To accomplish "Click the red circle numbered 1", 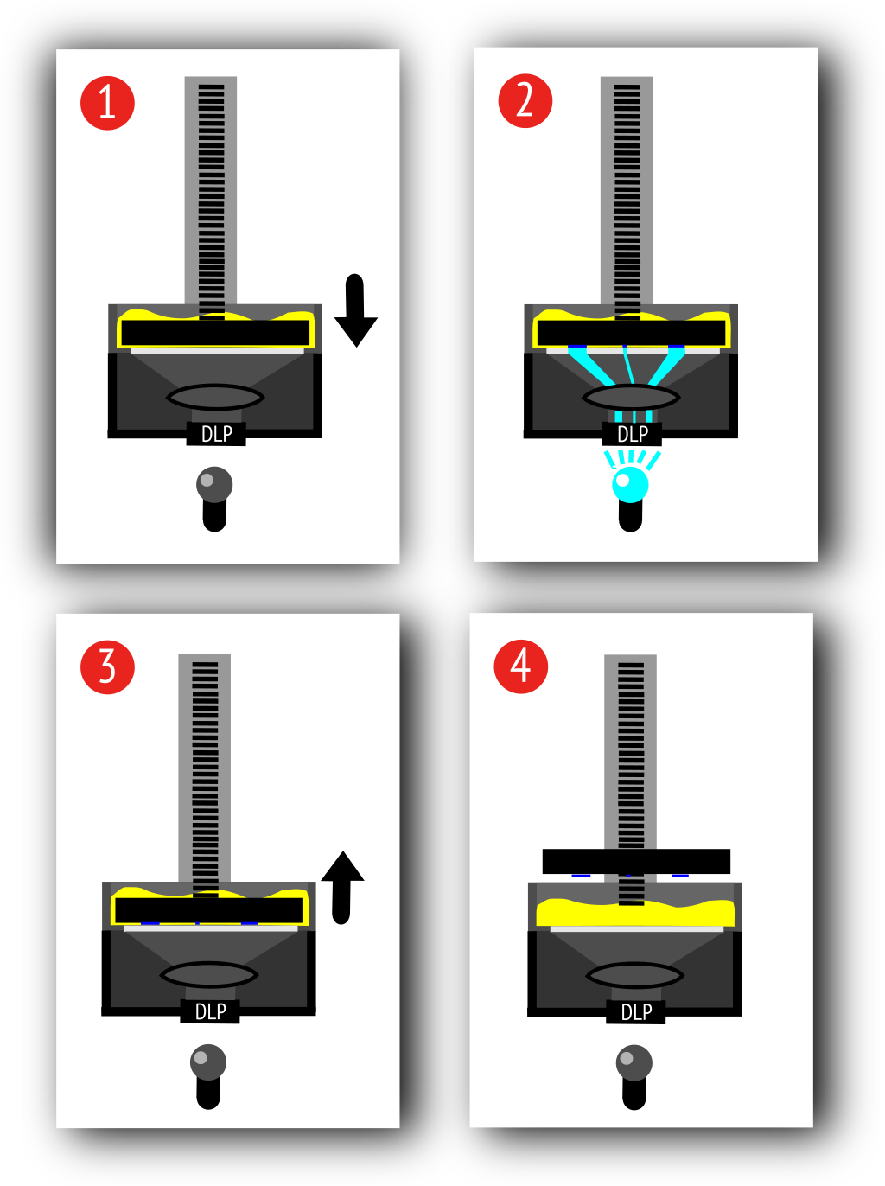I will (x=107, y=103).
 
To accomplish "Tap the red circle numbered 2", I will (x=525, y=101).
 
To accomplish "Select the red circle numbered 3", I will (x=107, y=667).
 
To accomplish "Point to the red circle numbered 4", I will (x=520, y=666).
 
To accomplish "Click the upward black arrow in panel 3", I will (x=342, y=885).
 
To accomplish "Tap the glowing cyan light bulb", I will (x=630, y=484).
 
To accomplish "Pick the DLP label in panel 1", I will (x=216, y=434).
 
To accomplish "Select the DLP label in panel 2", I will (x=633, y=434).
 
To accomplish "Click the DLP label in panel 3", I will (x=210, y=1011).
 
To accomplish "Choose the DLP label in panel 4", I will (x=636, y=1012).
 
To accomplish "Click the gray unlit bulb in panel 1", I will (x=214, y=484).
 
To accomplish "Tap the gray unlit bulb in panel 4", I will (x=634, y=1062).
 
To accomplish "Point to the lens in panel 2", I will (x=631, y=398).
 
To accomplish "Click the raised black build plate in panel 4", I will (x=636, y=861).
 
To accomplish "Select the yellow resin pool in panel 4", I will (x=635, y=913).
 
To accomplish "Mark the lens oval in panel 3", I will (x=208, y=975).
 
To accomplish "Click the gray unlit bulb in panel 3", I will (x=208, y=1062).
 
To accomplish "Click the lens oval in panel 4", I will (x=634, y=976).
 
